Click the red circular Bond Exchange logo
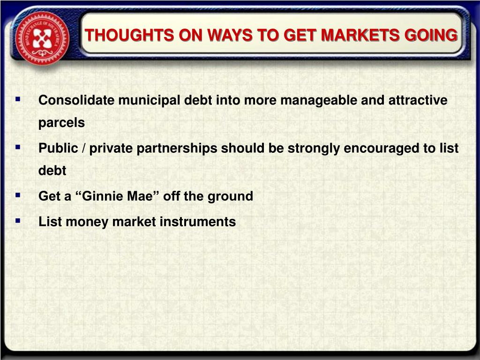tap(42, 38)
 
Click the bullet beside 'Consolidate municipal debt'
tap(18, 99)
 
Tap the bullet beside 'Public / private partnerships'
tap(18, 147)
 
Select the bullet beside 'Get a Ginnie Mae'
tap(18, 195)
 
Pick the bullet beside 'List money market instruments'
tap(18, 220)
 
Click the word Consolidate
tap(76, 100)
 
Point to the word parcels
tap(61, 123)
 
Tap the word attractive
tap(418, 100)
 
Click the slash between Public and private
tap(83, 148)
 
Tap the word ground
tap(230, 196)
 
